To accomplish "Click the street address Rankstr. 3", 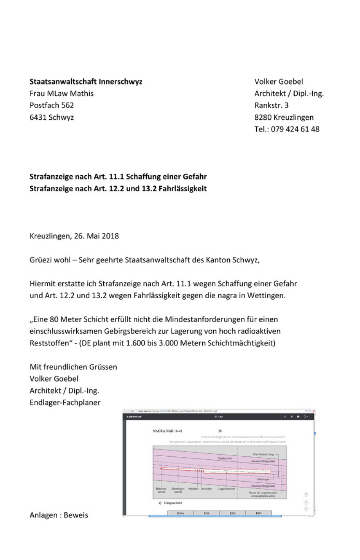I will click(271, 105).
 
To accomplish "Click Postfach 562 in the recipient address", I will click(52, 105).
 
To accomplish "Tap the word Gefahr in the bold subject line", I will click(194, 176).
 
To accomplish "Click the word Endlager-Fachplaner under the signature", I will click(65, 402).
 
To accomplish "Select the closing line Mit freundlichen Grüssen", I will click(73, 367).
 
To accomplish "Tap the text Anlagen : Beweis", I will click(59, 515).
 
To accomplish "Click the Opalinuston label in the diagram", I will click(225, 458).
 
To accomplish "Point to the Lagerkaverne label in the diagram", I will click(227, 489).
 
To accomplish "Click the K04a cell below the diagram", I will click(180, 513).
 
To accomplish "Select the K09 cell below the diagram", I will click(258, 513).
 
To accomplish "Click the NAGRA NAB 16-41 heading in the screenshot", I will click(167, 431).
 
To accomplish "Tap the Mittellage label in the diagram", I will click(263, 479).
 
